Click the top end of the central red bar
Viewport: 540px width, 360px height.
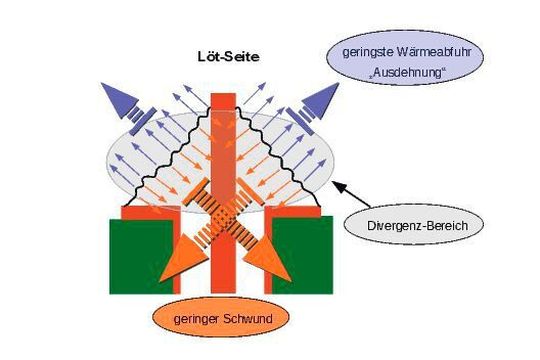click(223, 98)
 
